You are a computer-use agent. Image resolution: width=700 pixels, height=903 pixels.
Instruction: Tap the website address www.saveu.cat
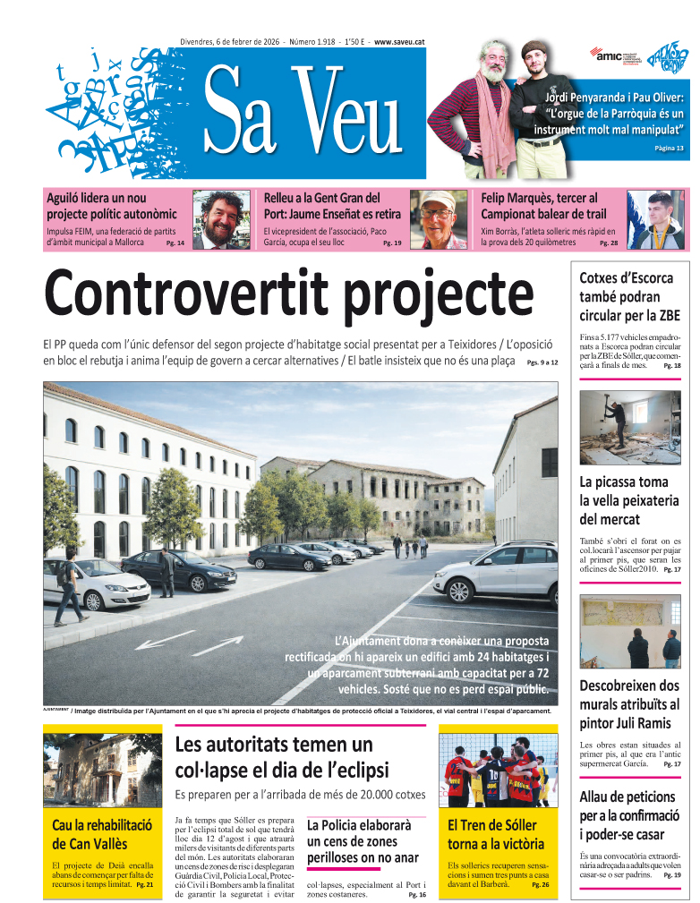(x=399, y=42)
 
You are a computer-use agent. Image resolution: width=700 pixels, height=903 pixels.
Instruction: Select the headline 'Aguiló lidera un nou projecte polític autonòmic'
(x=111, y=206)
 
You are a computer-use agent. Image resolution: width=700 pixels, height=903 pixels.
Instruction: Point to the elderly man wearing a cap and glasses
(x=438, y=219)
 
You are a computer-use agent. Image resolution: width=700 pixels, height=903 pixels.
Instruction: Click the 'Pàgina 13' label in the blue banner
(x=668, y=148)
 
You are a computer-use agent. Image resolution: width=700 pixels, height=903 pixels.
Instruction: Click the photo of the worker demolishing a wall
(x=629, y=427)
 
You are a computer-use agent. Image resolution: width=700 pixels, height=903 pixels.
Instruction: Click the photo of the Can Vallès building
(x=102, y=769)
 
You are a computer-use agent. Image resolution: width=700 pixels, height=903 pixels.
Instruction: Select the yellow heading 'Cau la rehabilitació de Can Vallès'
(x=102, y=834)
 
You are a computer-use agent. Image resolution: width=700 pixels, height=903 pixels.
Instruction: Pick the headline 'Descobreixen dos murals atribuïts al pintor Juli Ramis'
(x=629, y=704)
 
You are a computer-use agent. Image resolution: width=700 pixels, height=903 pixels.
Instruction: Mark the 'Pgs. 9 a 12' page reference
(x=542, y=362)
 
